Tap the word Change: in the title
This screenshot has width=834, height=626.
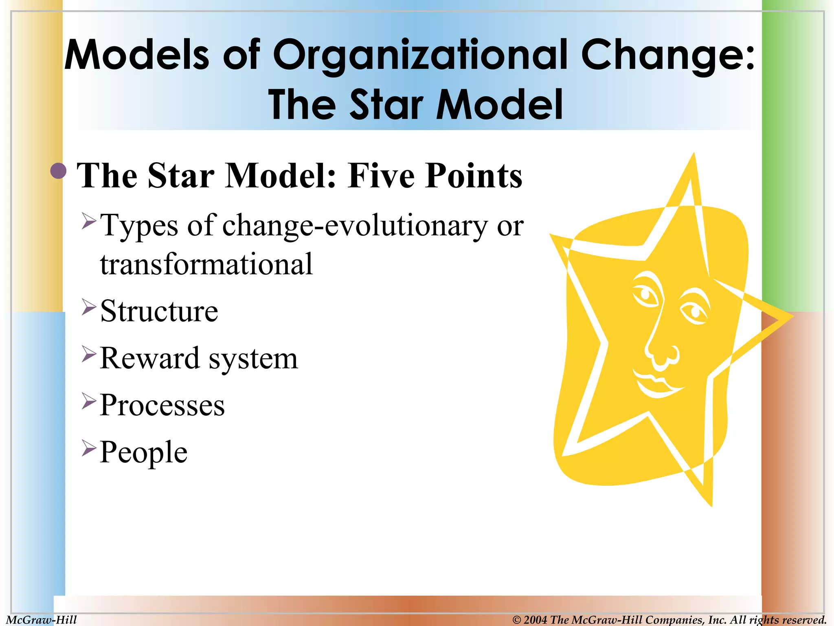[x=668, y=55]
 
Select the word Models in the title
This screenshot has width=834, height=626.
[x=137, y=55]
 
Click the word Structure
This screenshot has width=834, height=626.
[x=159, y=311]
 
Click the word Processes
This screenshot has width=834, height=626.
[x=162, y=406]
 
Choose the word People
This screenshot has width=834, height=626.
[x=143, y=452]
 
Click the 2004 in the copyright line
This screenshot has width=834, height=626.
[x=536, y=620]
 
